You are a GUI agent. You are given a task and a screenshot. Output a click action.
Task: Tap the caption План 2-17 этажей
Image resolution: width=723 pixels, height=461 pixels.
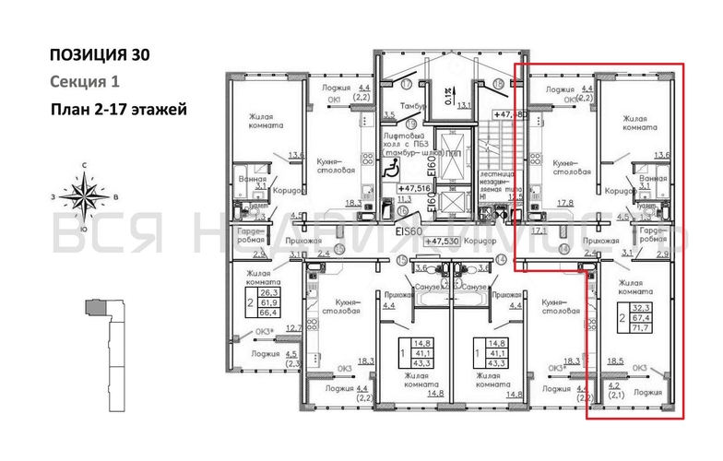119,111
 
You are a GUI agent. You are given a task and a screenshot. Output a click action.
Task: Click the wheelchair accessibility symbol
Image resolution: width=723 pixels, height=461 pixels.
390,168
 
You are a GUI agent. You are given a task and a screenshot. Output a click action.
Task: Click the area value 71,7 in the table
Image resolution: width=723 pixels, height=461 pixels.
638,326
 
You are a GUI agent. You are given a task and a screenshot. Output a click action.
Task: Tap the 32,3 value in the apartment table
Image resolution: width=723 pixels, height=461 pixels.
638,307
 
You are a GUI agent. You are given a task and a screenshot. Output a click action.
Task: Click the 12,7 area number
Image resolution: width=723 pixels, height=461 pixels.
293,327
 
